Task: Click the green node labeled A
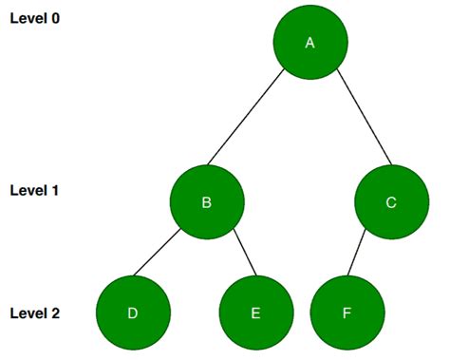[309, 44]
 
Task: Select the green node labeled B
[207, 202]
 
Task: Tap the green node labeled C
[392, 202]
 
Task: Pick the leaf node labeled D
[133, 313]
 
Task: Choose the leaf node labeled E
[255, 313]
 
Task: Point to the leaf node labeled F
[347, 313]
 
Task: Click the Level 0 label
[34, 19]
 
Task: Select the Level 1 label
[34, 190]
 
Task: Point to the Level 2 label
[34, 313]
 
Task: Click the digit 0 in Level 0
[55, 19]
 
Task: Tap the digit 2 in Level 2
[55, 313]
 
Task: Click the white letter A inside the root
[309, 44]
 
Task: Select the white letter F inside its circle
[347, 313]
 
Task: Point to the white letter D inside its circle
[133, 313]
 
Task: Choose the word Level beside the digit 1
[28, 190]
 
